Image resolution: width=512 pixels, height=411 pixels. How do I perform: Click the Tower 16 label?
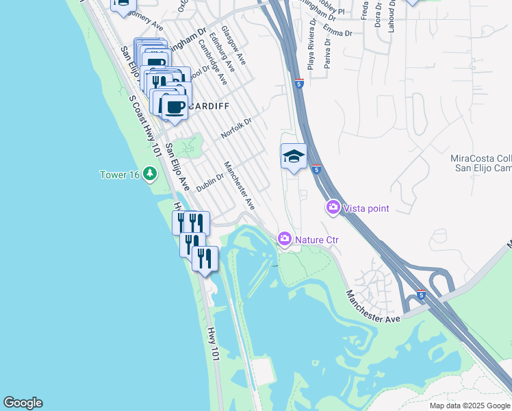coord(119,175)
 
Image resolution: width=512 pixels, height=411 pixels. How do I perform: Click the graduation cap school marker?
coord(294,157)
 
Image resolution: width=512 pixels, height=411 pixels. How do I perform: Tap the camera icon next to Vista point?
coord(333,207)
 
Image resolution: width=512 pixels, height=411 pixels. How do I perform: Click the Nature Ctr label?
coord(317,240)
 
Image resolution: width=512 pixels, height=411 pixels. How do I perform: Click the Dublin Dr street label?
coord(211,182)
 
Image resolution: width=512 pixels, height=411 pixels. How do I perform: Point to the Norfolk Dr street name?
coord(237,128)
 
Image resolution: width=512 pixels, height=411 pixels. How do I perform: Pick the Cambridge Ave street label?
coord(212,61)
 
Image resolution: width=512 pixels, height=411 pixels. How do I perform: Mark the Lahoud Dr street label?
coord(392,15)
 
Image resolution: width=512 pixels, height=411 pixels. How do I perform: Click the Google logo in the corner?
coord(23,403)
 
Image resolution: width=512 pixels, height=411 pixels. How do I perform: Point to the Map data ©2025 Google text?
coord(469,406)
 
